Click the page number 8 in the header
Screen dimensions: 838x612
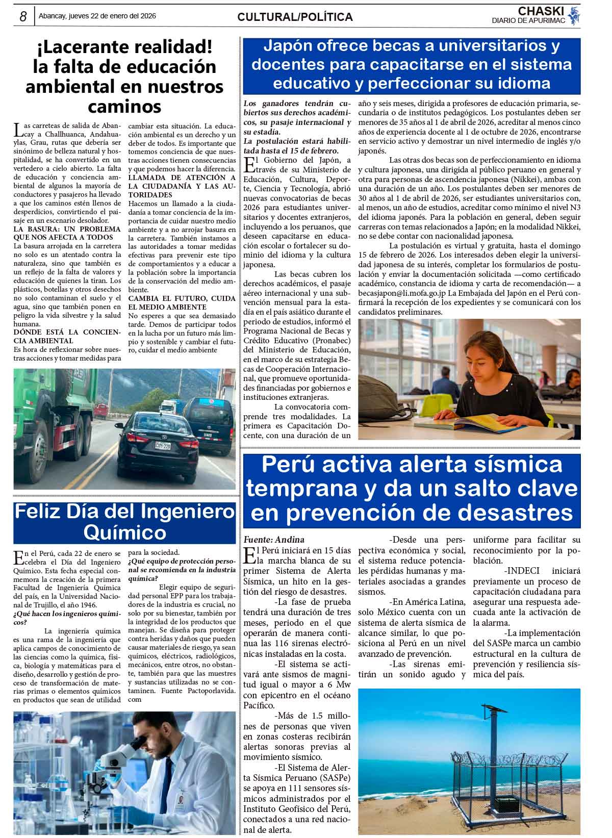[23, 16]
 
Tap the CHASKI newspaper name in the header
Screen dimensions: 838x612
[540, 11]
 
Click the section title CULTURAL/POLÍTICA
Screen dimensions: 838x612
[295, 17]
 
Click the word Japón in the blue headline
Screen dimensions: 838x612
[289, 46]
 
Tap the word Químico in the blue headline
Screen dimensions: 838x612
[124, 532]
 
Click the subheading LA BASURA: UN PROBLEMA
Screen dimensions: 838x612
[67, 229]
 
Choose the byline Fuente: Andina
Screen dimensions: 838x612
[274, 539]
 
